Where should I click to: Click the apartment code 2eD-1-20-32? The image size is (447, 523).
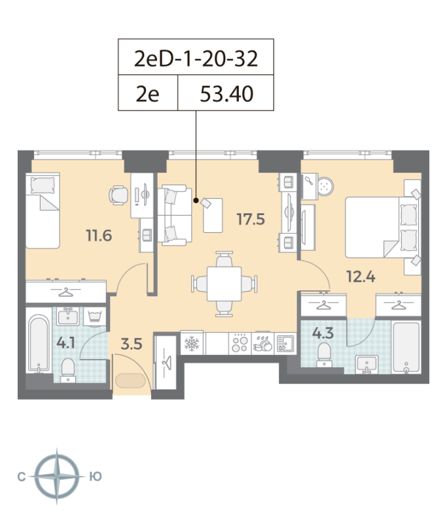(196, 58)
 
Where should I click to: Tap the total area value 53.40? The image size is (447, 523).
(226, 93)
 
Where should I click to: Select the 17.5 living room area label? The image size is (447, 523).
(251, 219)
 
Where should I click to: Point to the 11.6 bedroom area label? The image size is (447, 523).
(99, 235)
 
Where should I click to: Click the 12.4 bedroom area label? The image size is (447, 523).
(361, 277)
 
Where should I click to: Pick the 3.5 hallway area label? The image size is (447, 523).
(132, 344)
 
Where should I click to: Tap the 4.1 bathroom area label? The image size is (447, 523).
(65, 343)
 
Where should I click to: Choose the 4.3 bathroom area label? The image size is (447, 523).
(323, 333)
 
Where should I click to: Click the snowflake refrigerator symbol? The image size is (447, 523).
(192, 343)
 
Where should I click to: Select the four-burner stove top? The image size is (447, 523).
(240, 344)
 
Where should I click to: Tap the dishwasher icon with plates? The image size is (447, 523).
(262, 344)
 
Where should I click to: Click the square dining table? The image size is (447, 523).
(224, 284)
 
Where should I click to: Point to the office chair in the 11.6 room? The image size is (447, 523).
(118, 195)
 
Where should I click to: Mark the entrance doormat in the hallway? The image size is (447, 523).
(130, 380)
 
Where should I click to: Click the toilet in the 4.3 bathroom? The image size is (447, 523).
(324, 354)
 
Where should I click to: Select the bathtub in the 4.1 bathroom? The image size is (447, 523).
(39, 344)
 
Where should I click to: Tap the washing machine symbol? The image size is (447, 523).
(94, 316)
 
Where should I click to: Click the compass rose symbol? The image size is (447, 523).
(57, 477)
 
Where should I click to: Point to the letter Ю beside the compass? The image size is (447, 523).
(96, 477)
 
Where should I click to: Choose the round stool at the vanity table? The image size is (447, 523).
(325, 186)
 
